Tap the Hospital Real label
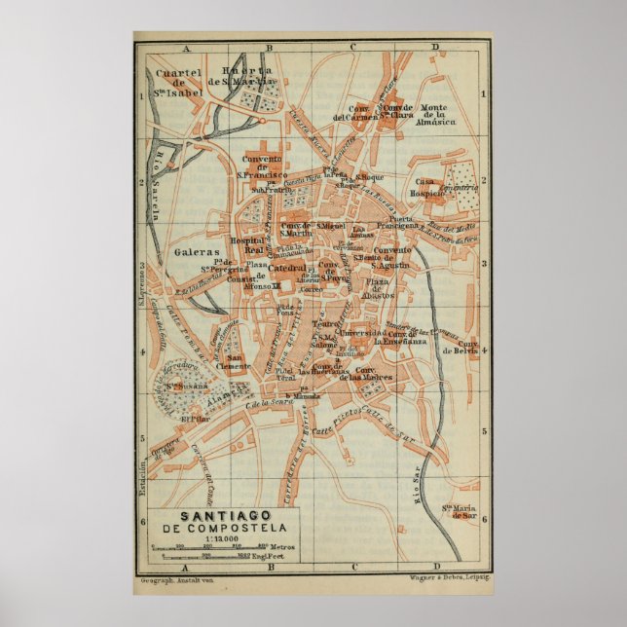[248, 244]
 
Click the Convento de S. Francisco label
[268, 166]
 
